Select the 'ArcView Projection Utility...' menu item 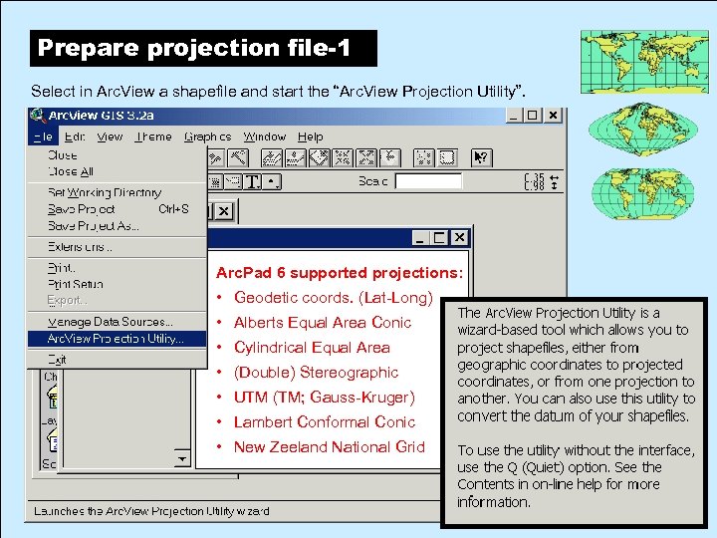coord(116,339)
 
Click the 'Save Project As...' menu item coord(94,226)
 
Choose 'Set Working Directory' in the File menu coord(104,192)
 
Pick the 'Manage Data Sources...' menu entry coord(110,322)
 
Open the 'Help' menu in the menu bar coord(311,136)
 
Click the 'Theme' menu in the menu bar coord(153,136)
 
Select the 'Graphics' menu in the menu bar coord(207,136)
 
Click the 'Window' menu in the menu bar coord(265,136)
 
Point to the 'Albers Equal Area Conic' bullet coord(322,323)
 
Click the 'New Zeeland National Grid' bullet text coord(329,447)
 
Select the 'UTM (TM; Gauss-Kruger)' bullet coord(324,398)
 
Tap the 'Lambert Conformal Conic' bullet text coord(324,422)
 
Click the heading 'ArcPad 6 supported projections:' coord(339,273)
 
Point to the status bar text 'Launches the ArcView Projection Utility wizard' coord(151,511)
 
